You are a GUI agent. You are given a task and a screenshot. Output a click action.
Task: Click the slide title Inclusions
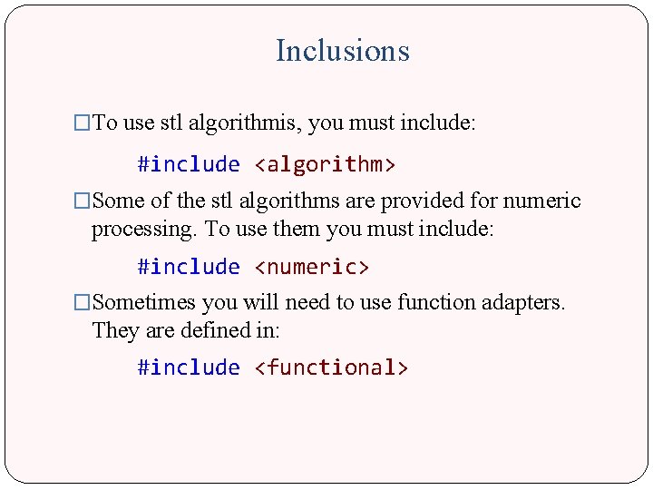[342, 51]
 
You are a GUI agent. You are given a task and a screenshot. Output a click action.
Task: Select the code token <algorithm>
[325, 164]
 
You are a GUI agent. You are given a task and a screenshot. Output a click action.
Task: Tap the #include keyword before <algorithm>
[189, 164]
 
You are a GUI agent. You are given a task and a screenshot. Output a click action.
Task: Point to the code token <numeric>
[311, 267]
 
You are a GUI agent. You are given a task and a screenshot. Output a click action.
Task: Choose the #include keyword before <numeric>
[189, 267]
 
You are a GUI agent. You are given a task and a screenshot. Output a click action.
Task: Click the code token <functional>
[331, 367]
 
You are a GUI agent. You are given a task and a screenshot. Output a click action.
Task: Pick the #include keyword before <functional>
[189, 367]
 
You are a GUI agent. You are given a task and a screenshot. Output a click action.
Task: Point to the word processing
[145, 229]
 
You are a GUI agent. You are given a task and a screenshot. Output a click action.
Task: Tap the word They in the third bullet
[114, 331]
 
